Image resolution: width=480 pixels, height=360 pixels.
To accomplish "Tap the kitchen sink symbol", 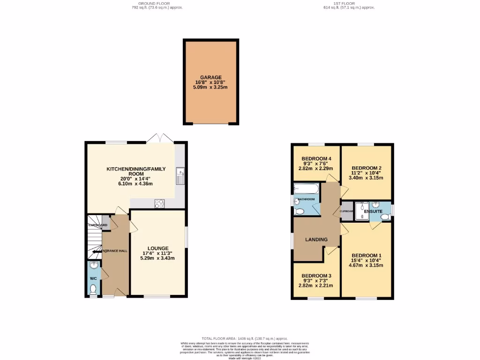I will tap(180, 176).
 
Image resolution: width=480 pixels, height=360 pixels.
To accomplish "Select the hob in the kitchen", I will tap(159, 203).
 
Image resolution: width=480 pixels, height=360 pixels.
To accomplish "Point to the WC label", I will tap(93, 278).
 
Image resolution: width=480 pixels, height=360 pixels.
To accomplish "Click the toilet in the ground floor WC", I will tap(93, 288).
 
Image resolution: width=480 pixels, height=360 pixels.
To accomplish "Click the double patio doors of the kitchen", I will tap(160, 139).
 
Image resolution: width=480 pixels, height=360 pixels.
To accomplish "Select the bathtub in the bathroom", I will tap(306, 189).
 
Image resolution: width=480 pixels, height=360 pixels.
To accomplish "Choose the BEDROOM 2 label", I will tap(366, 167).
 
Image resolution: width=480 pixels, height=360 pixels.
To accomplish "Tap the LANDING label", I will tap(316, 240).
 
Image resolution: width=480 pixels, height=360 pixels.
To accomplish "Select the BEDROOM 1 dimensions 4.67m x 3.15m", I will tap(366, 265).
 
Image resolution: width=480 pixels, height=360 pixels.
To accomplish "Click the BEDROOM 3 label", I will tap(316, 276).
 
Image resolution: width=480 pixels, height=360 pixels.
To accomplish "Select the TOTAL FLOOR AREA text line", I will tap(244, 338).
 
